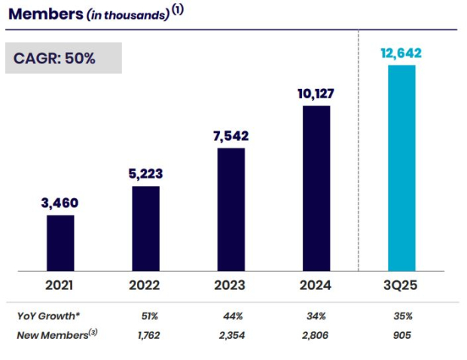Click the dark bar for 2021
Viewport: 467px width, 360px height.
(x=60, y=243)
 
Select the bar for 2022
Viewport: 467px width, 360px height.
(x=145, y=228)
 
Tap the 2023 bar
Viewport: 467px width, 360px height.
(x=230, y=209)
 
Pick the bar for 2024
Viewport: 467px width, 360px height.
(x=316, y=188)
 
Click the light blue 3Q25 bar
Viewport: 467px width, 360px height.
(x=401, y=168)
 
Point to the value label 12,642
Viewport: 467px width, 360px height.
(x=401, y=53)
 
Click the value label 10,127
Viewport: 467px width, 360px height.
(x=316, y=94)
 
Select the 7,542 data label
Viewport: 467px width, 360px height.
(x=230, y=136)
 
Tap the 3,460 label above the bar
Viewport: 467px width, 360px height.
(x=60, y=203)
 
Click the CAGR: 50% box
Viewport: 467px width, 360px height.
(x=64, y=58)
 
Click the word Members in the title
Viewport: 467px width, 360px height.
(x=44, y=13)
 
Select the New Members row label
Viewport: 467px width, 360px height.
(x=55, y=334)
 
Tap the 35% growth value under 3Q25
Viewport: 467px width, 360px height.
(x=401, y=316)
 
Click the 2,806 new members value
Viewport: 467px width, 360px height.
(x=316, y=335)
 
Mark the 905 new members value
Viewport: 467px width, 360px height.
(x=401, y=335)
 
